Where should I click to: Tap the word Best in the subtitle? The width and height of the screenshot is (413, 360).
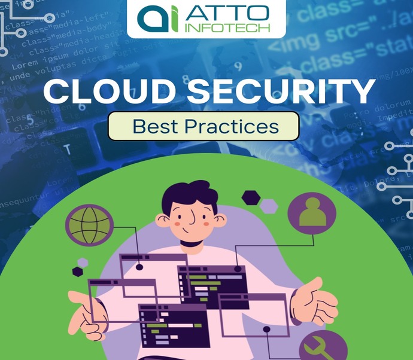coord(151,126)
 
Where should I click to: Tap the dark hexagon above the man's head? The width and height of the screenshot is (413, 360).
coord(250,197)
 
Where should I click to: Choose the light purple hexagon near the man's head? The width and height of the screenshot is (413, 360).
coord(269,206)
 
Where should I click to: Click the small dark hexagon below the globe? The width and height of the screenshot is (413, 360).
coord(77,271)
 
